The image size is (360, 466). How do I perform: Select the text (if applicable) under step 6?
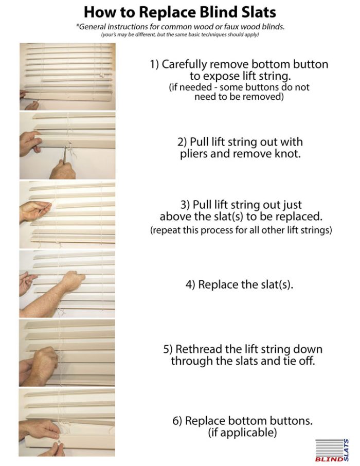[x=242, y=433]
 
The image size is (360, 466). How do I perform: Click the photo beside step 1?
[x=67, y=76]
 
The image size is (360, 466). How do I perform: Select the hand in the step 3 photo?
[x=33, y=211]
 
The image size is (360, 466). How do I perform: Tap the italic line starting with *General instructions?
[x=179, y=27]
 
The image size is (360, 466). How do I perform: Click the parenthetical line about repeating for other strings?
[x=241, y=230]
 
